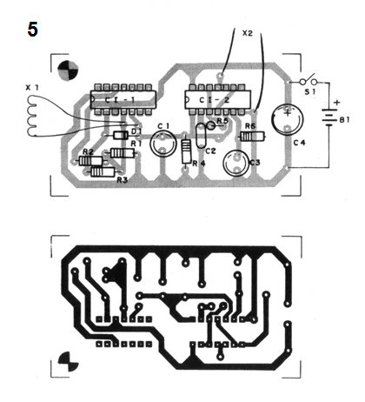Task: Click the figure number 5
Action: (32, 30)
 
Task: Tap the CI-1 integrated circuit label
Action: (120, 100)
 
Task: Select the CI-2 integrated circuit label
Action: (215, 100)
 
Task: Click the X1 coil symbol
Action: (30, 116)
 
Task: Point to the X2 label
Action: (247, 33)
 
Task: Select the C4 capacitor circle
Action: (288, 119)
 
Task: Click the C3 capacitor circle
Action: (236, 164)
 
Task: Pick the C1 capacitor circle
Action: (163, 144)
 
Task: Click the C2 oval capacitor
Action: (201, 136)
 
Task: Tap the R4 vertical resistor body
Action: (186, 151)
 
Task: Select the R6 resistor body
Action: (253, 136)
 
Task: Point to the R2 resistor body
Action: (90, 161)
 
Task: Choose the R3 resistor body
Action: (103, 172)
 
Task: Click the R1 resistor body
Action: (123, 152)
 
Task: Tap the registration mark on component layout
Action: (68, 70)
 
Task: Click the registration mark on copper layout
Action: (68, 361)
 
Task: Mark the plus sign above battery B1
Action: (336, 103)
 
